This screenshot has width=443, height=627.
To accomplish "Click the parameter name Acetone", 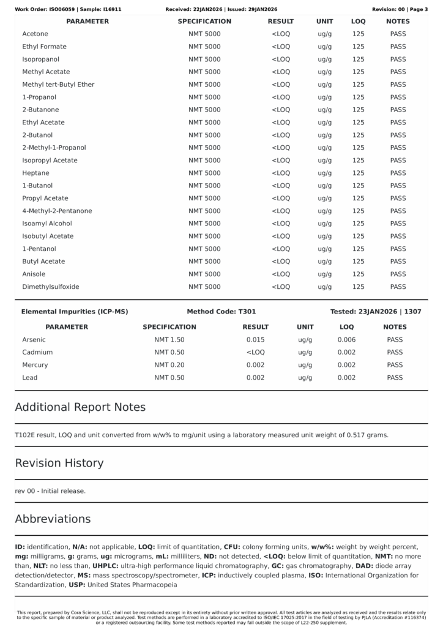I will point(35,34).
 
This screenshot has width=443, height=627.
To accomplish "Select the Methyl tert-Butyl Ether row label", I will point(58,84).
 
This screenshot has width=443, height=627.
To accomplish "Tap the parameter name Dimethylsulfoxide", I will point(51,287).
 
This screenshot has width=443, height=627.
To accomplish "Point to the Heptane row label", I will point(35,173).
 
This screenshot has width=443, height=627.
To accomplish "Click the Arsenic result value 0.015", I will point(255,340).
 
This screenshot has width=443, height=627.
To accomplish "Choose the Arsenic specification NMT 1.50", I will point(169,340).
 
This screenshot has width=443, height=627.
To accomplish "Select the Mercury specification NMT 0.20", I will point(169,365).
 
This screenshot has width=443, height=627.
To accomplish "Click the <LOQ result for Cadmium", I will point(255,353).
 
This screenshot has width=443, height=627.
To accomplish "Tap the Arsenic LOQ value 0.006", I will point(346,340).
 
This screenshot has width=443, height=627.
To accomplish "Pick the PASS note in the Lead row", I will point(395,378).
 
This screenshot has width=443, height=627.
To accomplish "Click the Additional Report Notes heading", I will point(80,407).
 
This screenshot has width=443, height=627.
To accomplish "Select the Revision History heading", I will point(59,463).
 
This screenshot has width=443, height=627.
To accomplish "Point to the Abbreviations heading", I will point(53,519).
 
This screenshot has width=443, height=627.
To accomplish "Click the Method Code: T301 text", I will point(221,312).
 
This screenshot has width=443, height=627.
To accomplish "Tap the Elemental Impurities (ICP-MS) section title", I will point(75,312).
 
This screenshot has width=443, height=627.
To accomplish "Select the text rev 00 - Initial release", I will point(50,491).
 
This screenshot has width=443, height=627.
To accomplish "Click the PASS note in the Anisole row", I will point(398,274).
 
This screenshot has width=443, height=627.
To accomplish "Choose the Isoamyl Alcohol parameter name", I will point(47,223).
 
